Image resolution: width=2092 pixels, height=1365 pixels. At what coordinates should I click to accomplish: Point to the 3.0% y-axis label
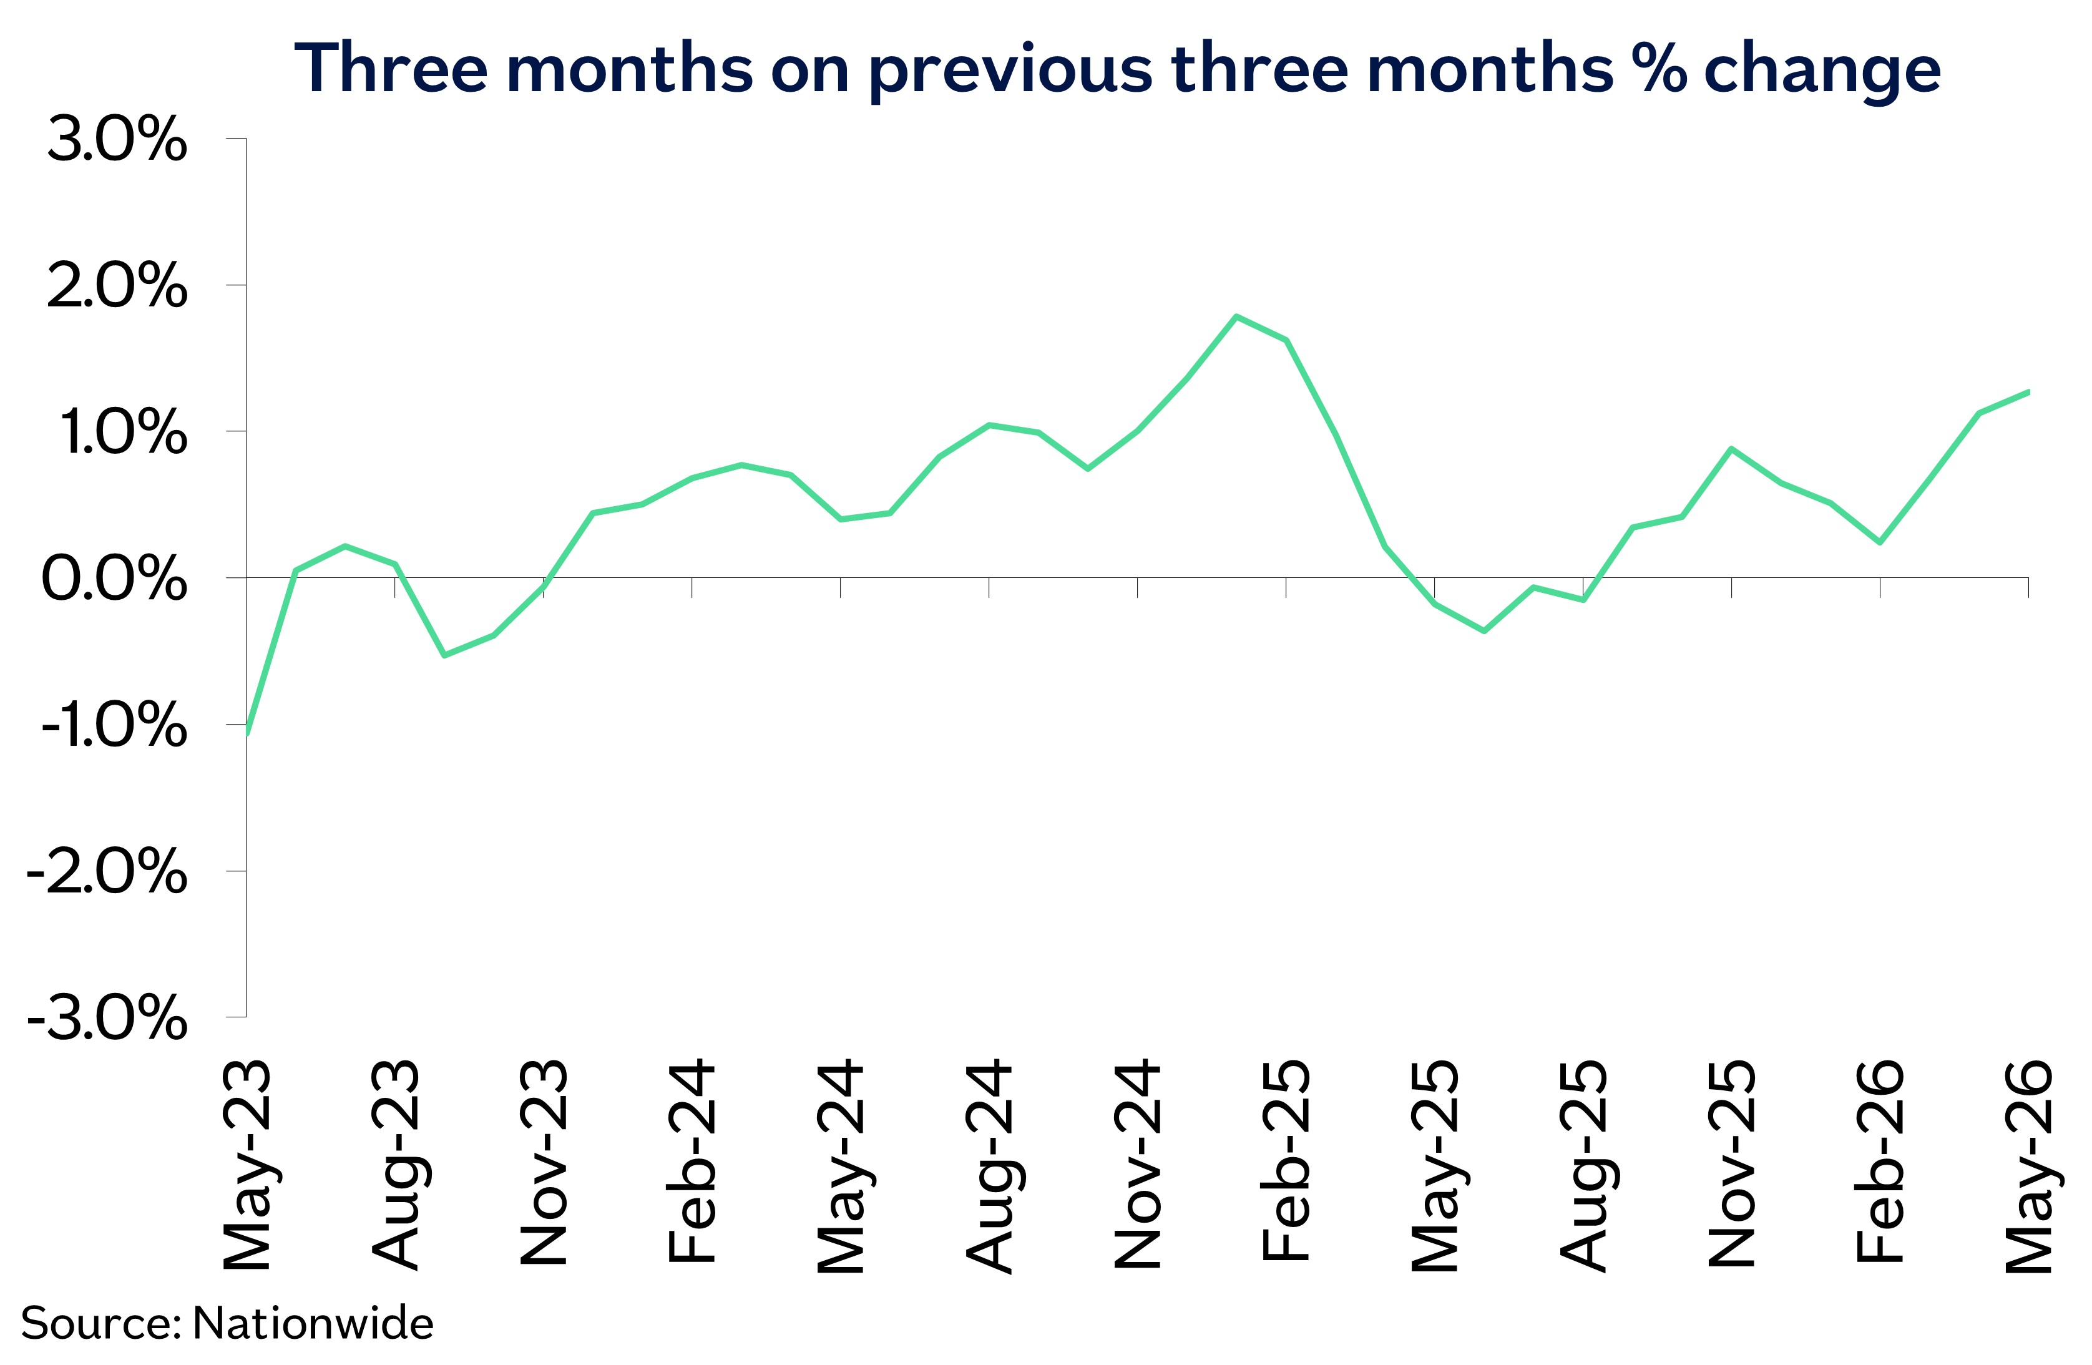point(117,139)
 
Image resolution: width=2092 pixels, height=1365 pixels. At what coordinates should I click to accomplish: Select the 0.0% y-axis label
point(114,579)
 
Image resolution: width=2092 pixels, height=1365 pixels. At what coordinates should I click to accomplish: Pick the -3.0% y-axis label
point(107,1018)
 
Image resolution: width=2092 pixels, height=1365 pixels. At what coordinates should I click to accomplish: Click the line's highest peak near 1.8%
point(1237,316)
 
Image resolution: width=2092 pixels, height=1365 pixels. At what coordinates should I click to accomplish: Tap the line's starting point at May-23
point(247,732)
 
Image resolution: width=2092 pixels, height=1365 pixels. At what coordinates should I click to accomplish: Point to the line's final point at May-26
point(2028,391)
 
